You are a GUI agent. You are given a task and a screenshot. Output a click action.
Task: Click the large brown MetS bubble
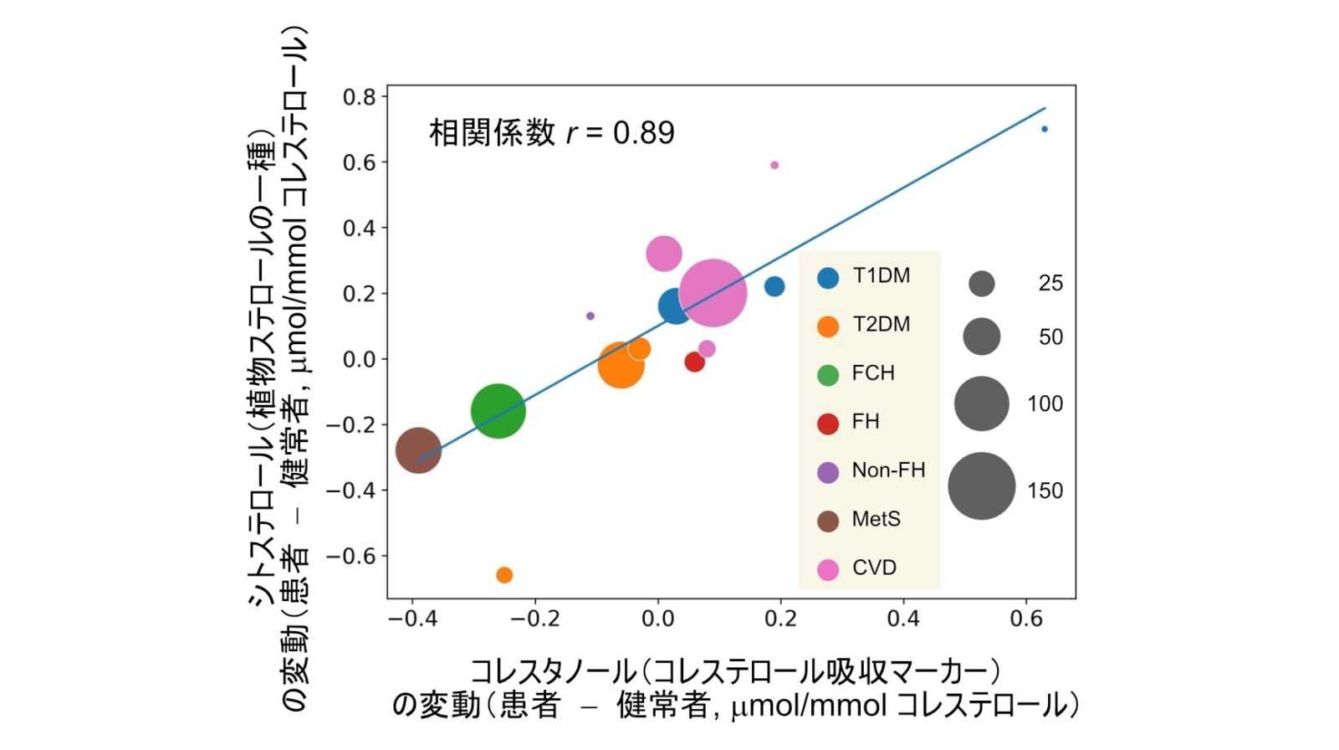click(x=418, y=450)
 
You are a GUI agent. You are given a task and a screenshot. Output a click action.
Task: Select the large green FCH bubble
click(x=498, y=410)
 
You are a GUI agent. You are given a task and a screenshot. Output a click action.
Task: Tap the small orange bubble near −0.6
click(x=504, y=575)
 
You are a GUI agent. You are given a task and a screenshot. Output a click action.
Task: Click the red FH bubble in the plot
click(x=694, y=362)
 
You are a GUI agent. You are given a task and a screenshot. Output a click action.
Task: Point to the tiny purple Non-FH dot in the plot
click(x=590, y=316)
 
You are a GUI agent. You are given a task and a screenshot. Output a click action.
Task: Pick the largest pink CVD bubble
click(x=713, y=291)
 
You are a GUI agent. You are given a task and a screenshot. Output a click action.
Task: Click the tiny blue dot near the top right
click(x=1045, y=129)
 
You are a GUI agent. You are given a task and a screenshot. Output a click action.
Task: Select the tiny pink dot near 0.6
click(x=774, y=165)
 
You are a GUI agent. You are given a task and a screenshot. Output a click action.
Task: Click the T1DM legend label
click(x=881, y=276)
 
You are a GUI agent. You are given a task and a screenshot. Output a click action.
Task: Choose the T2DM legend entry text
click(x=881, y=325)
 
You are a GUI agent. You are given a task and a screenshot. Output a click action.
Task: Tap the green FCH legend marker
click(x=828, y=374)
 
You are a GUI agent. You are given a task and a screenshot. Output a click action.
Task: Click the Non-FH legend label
click(x=888, y=470)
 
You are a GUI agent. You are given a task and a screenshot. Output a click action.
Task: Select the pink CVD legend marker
click(x=828, y=569)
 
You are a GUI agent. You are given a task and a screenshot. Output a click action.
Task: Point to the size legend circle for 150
click(x=981, y=486)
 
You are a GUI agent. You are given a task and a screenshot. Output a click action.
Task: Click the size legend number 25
click(x=1050, y=284)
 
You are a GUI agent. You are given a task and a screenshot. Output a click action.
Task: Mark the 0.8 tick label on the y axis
click(x=360, y=97)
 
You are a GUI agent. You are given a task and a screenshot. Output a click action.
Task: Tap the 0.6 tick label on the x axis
click(x=1026, y=619)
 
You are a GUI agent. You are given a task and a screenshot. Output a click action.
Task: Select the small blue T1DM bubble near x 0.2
click(x=774, y=286)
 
